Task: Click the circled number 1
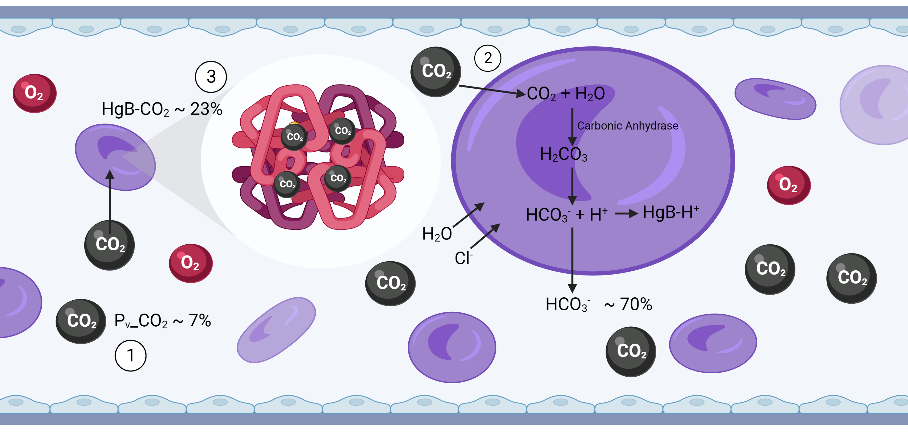tap(130, 355)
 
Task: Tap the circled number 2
tap(488, 58)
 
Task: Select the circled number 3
tap(211, 77)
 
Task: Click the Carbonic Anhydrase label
tap(627, 126)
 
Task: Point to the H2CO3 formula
tap(563, 154)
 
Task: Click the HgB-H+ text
tap(671, 212)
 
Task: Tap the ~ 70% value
tap(628, 304)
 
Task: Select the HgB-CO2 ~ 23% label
tap(162, 109)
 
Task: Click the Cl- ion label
tap(463, 258)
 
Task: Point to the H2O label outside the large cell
tap(437, 234)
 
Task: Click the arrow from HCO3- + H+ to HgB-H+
tap(626, 213)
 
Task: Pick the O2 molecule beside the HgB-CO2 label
tap(35, 93)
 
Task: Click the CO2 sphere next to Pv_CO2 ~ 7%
tap(81, 321)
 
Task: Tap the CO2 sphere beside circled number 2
tap(436, 71)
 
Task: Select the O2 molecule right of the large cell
tap(788, 185)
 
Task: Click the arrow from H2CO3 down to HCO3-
tap(572, 186)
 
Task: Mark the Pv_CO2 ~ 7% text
tap(163, 321)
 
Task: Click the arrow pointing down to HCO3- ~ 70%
tap(572, 260)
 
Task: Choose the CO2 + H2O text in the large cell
tap(566, 94)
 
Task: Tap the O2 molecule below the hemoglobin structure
tap(191, 263)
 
